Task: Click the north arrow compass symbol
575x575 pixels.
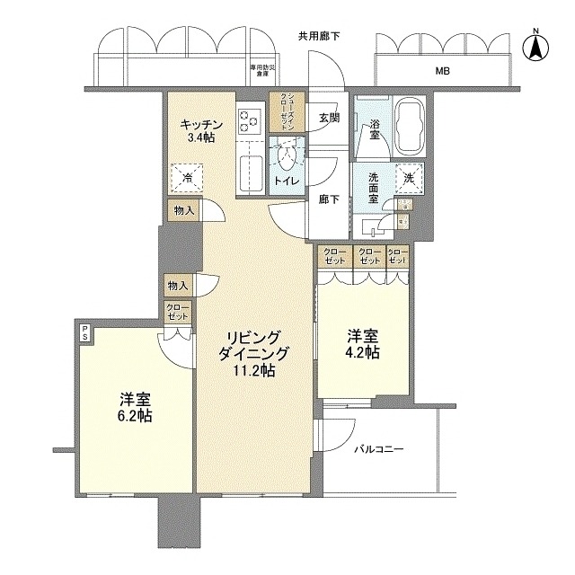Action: tap(535, 47)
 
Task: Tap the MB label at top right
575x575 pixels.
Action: tap(443, 72)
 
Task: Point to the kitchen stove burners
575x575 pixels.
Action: tap(249, 125)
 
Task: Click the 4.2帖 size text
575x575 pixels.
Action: tap(364, 352)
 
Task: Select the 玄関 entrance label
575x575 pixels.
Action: tap(328, 118)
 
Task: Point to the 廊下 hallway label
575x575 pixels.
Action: tap(328, 199)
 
